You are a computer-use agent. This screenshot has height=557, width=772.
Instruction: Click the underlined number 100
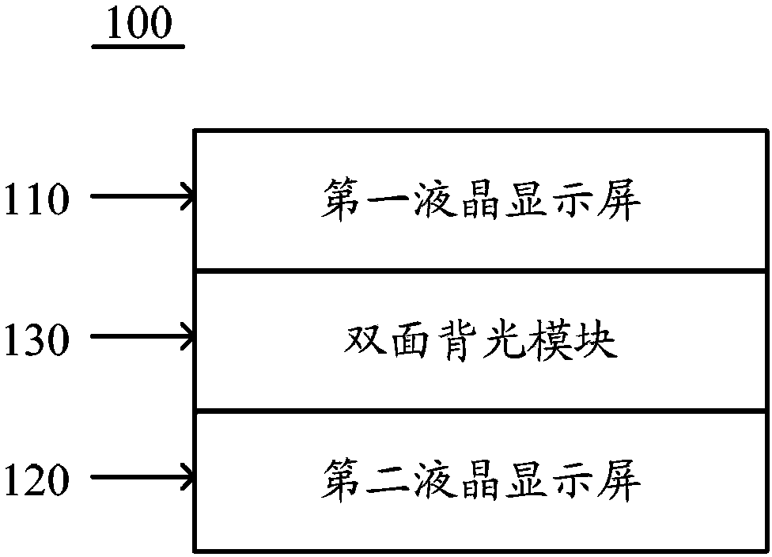139,23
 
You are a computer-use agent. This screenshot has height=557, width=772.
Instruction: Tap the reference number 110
36,199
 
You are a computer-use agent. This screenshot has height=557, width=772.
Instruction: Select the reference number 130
36,339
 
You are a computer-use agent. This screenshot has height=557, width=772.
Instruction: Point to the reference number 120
36,479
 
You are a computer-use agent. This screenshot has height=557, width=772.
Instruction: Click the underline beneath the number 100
138,47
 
